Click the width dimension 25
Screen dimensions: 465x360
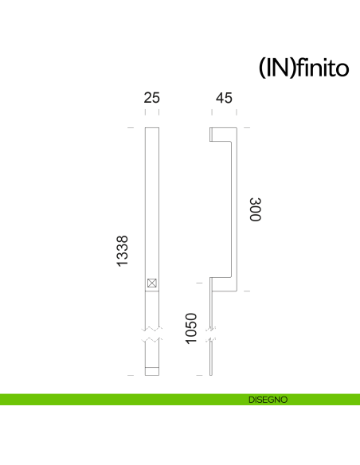tap(152, 98)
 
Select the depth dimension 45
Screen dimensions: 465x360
tap(224, 98)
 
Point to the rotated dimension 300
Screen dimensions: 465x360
tap(255, 210)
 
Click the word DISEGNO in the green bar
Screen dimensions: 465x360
tap(268, 399)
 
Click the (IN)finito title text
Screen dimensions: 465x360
tap(304, 68)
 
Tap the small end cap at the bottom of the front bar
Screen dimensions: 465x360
tap(152, 370)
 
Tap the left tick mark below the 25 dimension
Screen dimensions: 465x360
tap(145, 112)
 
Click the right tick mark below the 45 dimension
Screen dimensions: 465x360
tap(237, 112)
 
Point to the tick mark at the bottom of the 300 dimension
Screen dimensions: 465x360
tap(246, 291)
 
